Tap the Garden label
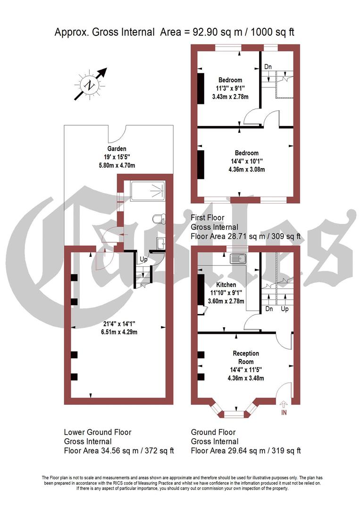click(x=117, y=149)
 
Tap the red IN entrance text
click(x=284, y=413)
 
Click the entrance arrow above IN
click(x=284, y=404)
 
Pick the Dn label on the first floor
click(x=268, y=67)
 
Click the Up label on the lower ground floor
click(x=142, y=259)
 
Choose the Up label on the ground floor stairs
click(x=285, y=309)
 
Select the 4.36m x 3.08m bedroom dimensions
click(x=243, y=169)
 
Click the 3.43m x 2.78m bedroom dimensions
click(x=230, y=96)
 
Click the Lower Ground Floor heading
click(x=97, y=432)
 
